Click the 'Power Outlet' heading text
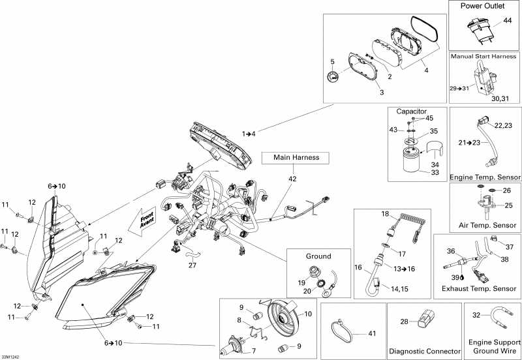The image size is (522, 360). point(485,6)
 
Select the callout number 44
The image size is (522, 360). point(507,22)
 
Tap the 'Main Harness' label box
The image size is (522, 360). point(295,157)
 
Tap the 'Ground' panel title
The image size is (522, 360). point(319,256)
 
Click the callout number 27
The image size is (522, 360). point(192,265)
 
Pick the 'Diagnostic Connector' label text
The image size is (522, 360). point(420,351)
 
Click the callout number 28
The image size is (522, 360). point(405,322)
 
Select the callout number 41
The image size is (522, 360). point(373,333)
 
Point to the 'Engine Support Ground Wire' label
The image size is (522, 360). point(493,346)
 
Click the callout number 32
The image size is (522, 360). point(476,315)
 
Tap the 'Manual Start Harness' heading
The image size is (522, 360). point(484,57)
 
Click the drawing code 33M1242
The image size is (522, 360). point(11,356)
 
